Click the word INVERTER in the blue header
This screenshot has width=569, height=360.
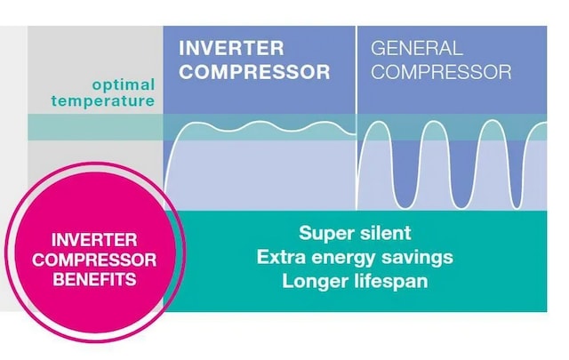pos(232,47)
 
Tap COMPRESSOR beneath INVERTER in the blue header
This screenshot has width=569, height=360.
pos(255,71)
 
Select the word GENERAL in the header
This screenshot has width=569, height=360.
pos(417,48)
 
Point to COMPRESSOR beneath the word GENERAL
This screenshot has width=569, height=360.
pos(441,71)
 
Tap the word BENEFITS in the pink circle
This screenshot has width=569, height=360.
pos(93,279)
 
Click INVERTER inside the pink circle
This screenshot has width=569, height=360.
pos(93,240)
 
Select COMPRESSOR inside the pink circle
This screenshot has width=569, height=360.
pos(93,260)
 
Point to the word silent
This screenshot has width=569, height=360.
pos(386,234)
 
